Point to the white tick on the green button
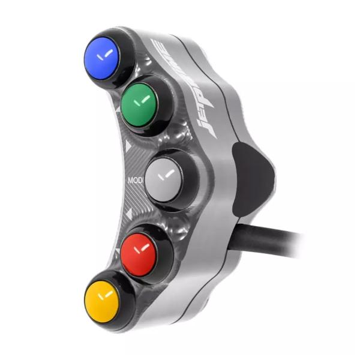[141, 101]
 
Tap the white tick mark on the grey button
[168, 175]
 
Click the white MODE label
[136, 179]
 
